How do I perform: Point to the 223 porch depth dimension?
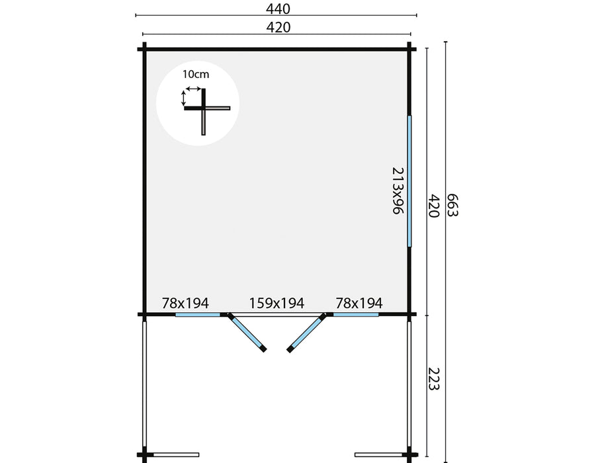click(x=434, y=378)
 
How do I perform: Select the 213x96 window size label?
click(x=397, y=190)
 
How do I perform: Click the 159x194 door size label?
click(x=277, y=304)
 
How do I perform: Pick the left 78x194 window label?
click(x=185, y=304)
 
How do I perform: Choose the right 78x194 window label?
click(x=359, y=304)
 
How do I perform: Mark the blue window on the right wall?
click(x=410, y=180)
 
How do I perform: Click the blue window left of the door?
click(x=197, y=315)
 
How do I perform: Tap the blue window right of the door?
click(x=356, y=315)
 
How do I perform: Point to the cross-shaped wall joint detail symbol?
click(x=205, y=109)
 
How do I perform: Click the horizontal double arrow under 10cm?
click(x=193, y=88)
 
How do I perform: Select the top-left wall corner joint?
click(x=143, y=48)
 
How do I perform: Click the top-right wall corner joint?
click(x=411, y=48)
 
